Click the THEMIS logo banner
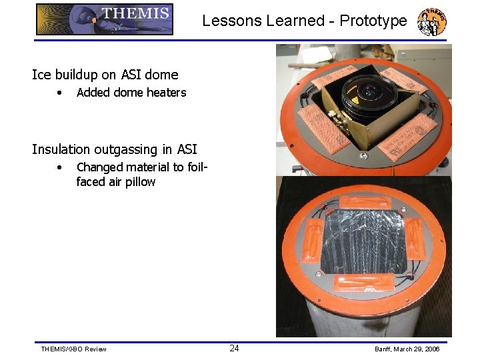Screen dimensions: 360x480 pyautogui.click(x=105, y=19)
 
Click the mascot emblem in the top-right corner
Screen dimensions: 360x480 pyautogui.click(x=431, y=22)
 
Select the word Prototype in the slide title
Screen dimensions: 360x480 pyautogui.click(x=373, y=21)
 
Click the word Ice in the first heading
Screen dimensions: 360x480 pyautogui.click(x=40, y=75)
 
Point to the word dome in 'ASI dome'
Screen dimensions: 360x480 pyautogui.click(x=163, y=75)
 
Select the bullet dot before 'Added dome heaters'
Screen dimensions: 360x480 pyautogui.click(x=60, y=93)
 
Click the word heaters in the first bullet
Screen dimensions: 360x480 pyautogui.click(x=165, y=93)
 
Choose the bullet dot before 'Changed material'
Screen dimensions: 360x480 pyautogui.click(x=60, y=167)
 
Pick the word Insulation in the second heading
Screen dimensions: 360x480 pyautogui.click(x=60, y=149)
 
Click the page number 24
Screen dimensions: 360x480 pyautogui.click(x=235, y=348)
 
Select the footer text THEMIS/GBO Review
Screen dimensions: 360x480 pyautogui.click(x=73, y=349)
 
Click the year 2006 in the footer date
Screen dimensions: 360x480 pyautogui.click(x=431, y=349)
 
